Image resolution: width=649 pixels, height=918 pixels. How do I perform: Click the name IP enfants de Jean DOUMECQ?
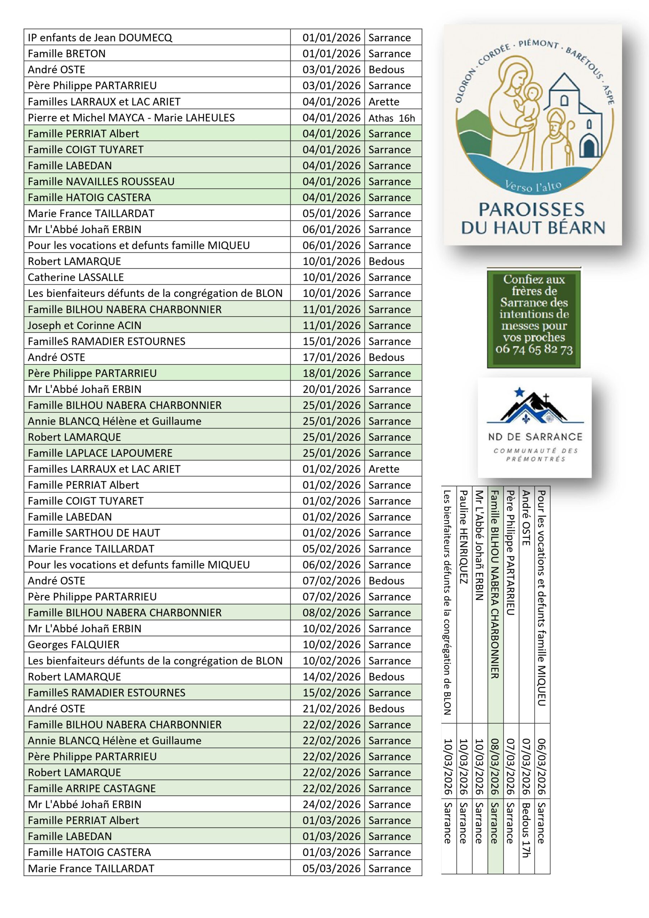[x=100, y=38]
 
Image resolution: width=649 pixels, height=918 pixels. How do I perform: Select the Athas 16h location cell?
[x=392, y=118]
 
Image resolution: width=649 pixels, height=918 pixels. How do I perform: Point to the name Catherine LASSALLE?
[x=76, y=278]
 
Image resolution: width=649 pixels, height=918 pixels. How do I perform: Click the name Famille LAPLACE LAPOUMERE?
[x=100, y=453]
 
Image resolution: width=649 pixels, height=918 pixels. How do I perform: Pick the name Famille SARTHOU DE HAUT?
[x=94, y=533]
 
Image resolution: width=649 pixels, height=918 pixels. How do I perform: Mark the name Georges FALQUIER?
[x=74, y=644]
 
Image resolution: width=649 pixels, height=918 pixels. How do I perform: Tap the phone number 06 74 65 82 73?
[x=534, y=349]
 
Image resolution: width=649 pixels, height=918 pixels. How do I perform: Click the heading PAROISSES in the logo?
[x=531, y=209]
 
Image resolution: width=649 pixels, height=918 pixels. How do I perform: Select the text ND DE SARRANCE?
[x=535, y=437]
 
